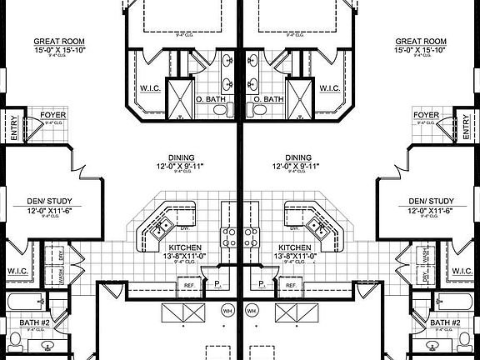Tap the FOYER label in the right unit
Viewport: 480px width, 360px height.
426,115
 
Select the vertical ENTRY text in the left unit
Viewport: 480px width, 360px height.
13,127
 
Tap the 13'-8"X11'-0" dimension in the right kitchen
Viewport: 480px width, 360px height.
297,257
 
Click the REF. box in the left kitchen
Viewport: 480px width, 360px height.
187,285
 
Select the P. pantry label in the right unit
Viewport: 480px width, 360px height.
262,285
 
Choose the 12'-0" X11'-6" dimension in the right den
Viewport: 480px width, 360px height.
431,212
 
